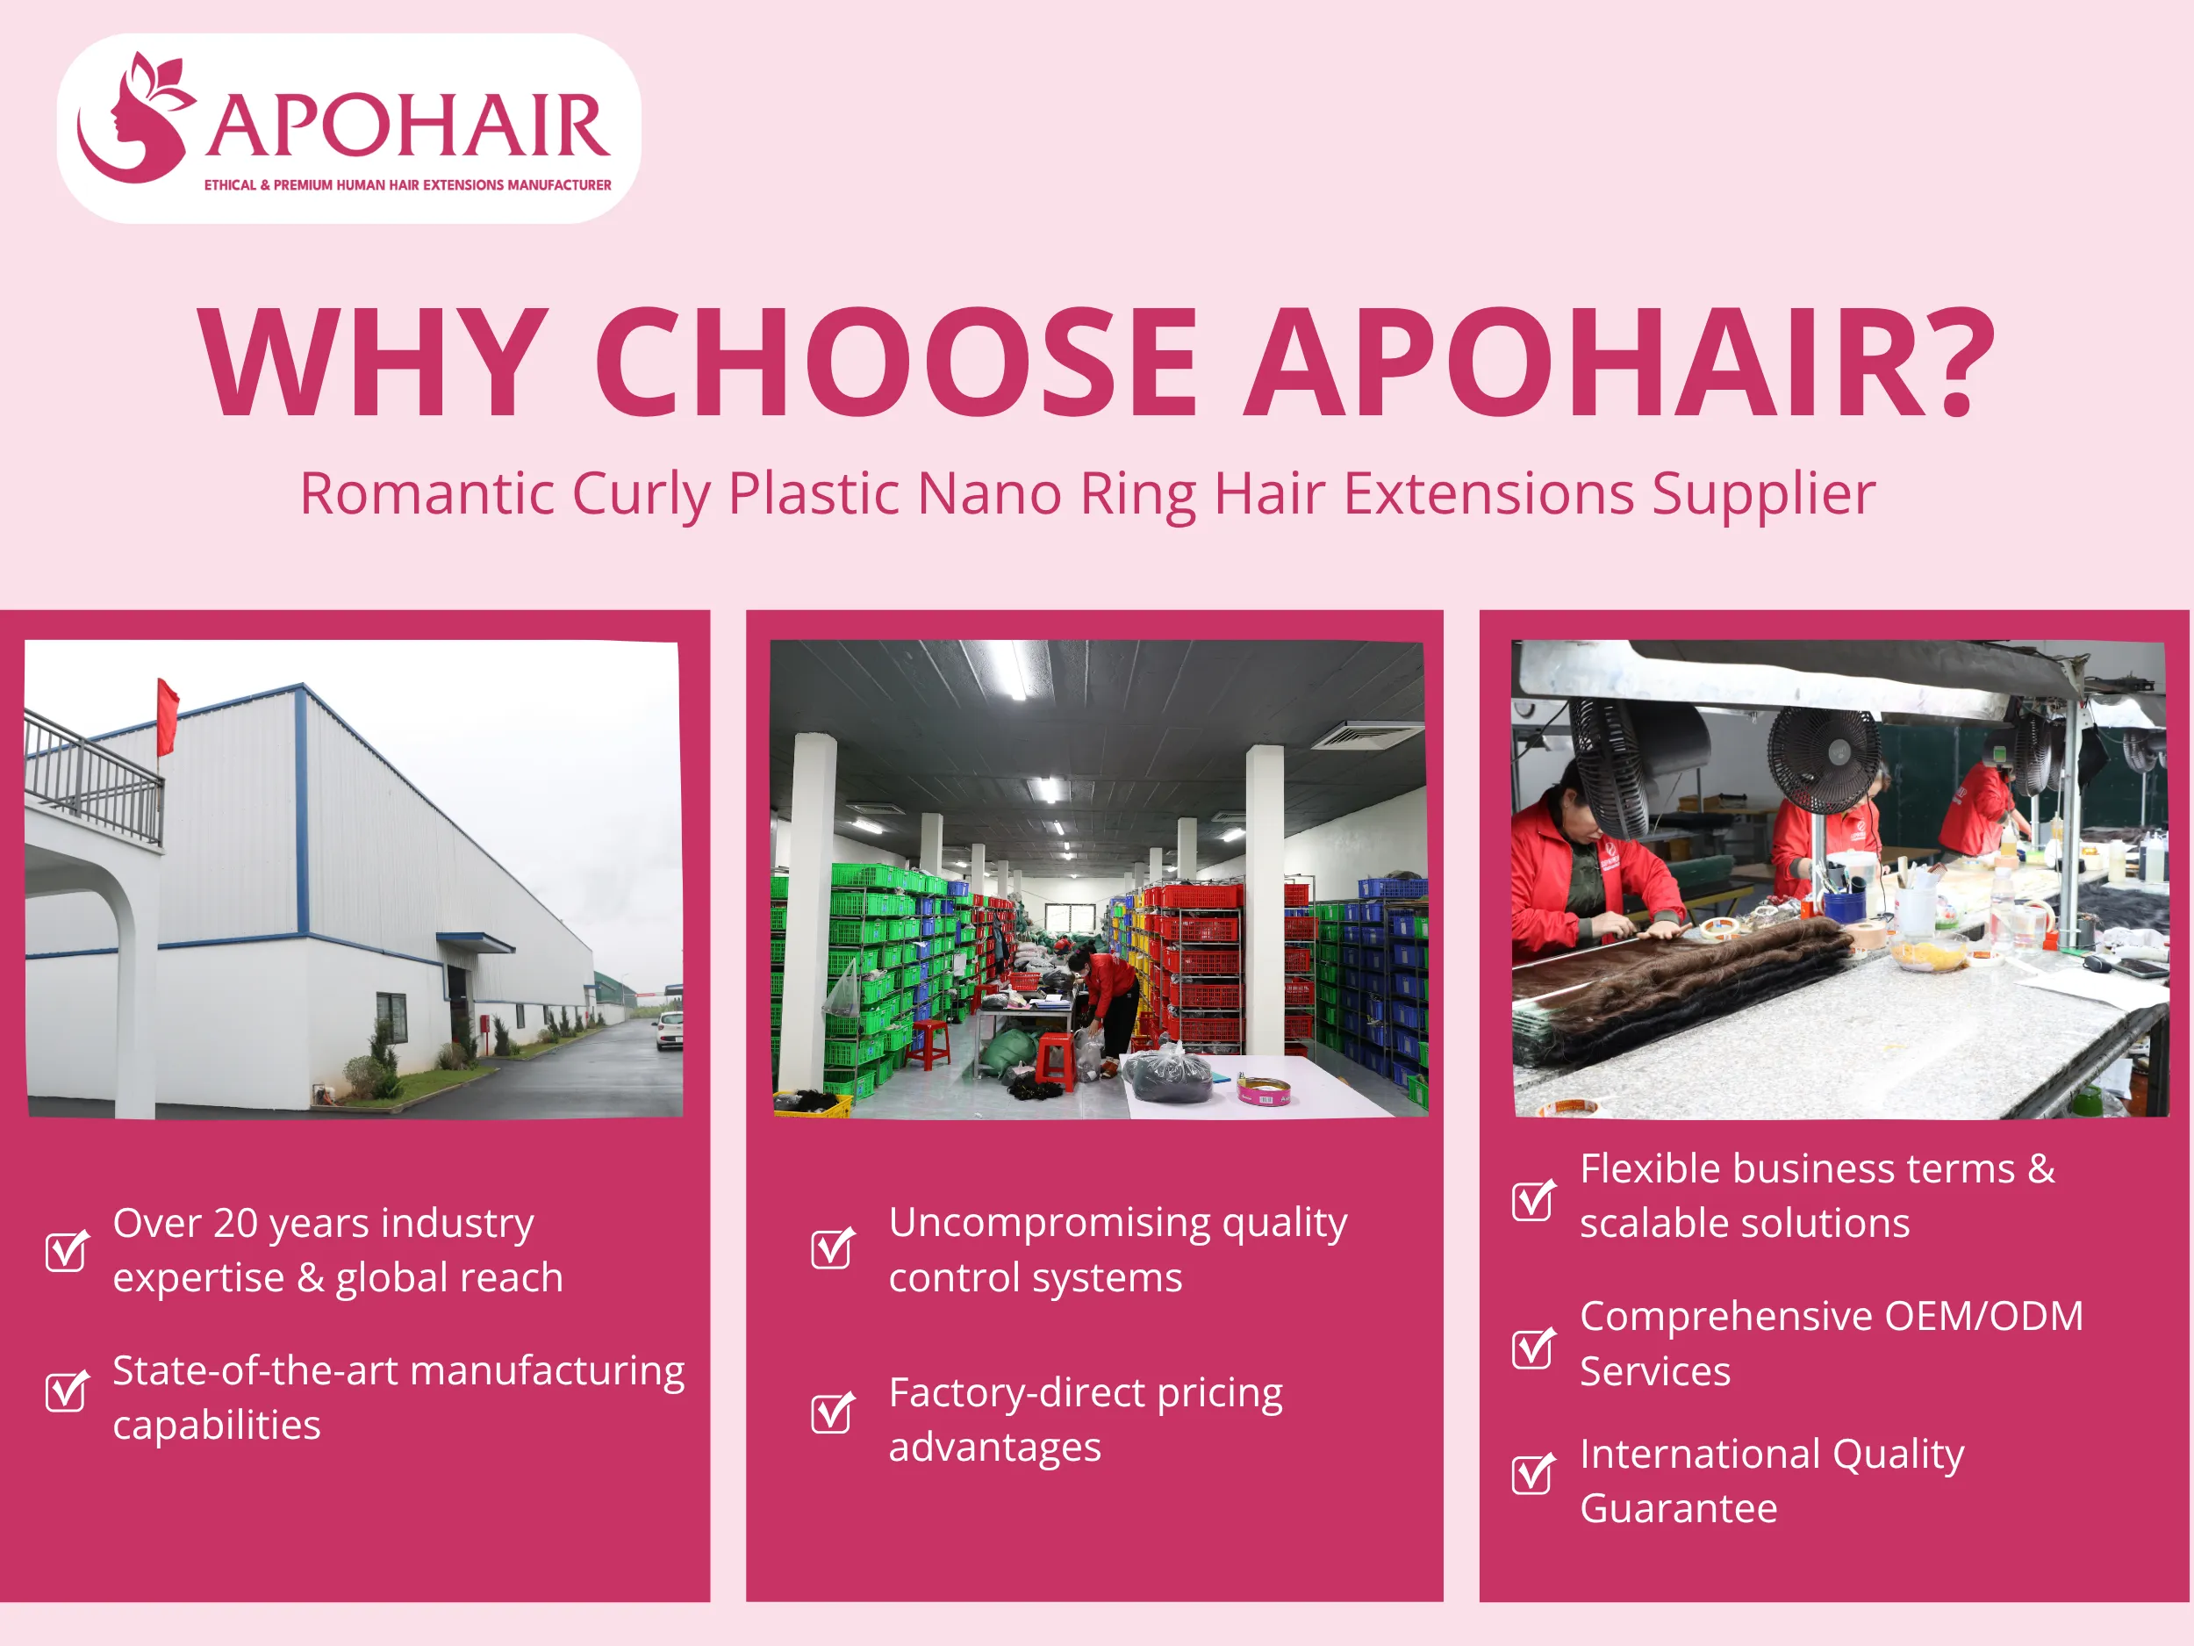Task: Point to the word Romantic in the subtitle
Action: [427, 494]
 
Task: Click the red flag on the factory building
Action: [168, 715]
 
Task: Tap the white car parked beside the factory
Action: [670, 1029]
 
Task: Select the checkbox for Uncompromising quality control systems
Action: [831, 1248]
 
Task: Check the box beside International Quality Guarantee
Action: [1532, 1473]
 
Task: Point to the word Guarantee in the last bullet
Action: [1678, 1509]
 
